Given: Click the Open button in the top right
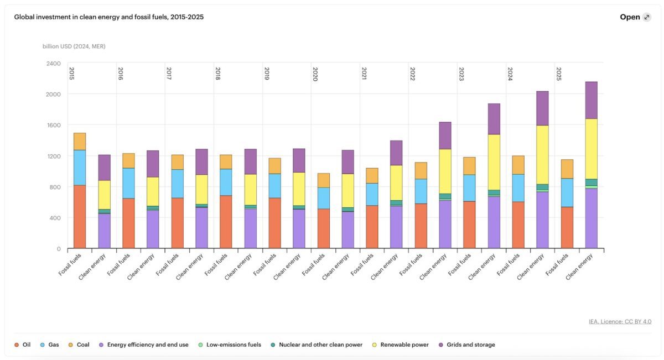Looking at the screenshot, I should click(x=635, y=17).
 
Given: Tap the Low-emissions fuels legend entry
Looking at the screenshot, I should click(x=229, y=345).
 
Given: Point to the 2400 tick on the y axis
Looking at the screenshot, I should click(x=53, y=64).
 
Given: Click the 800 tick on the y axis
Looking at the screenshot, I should click(x=55, y=187).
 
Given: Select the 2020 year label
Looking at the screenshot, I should click(x=315, y=74).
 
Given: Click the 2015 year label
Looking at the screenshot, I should click(x=71, y=74).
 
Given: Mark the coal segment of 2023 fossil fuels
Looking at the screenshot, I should click(x=469, y=166).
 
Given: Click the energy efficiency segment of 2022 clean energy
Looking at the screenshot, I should click(x=445, y=224).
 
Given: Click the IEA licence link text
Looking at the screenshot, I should click(x=620, y=321).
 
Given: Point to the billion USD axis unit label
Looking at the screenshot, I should click(x=74, y=46).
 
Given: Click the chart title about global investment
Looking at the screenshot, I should click(x=109, y=17).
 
